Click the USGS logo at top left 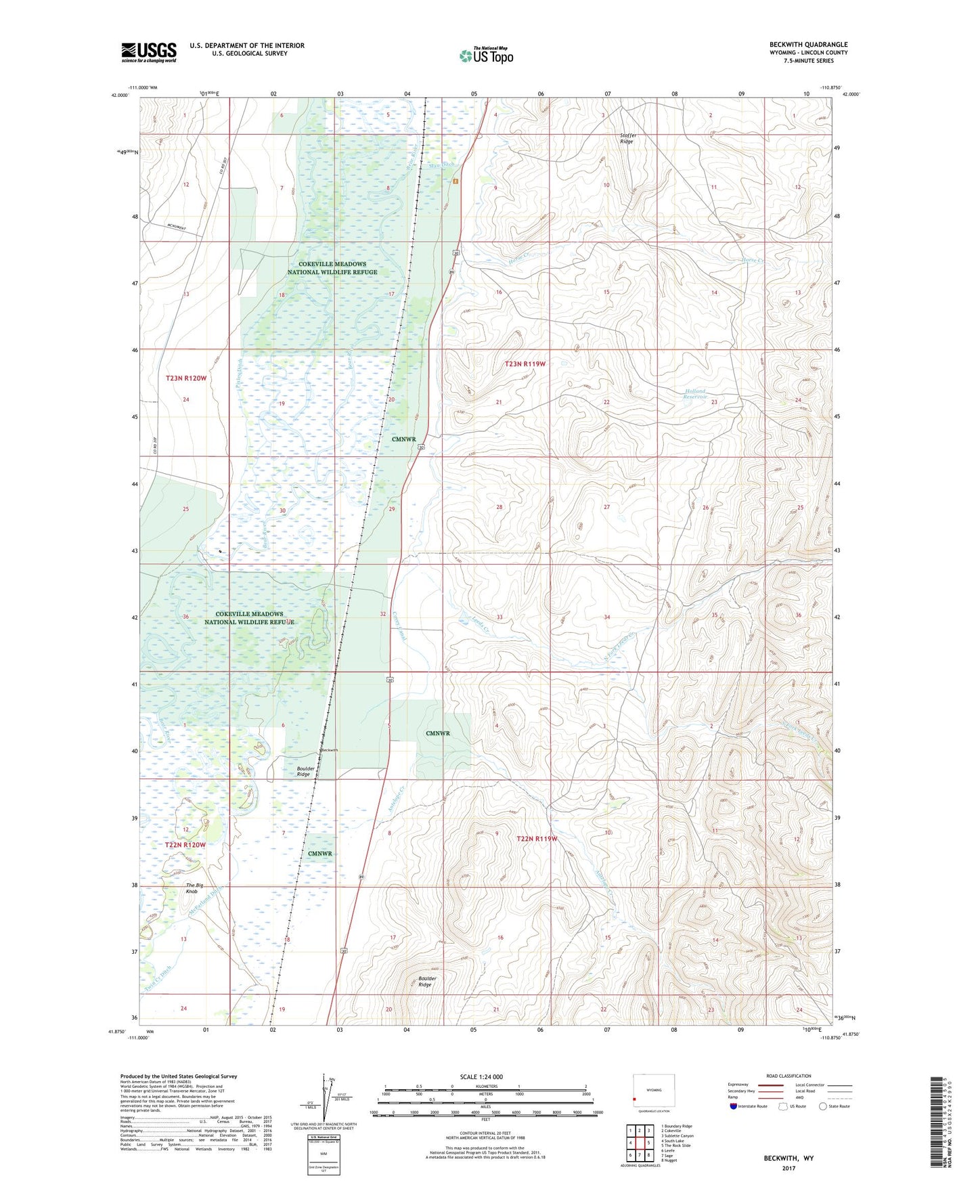click(149, 52)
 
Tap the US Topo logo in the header click(486, 55)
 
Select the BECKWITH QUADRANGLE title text click(808, 45)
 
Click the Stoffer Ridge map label click(627, 138)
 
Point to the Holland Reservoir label click(695, 393)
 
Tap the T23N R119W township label click(525, 364)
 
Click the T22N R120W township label click(185, 845)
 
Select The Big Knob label click(194, 888)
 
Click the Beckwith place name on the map click(329, 750)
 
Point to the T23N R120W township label click(185, 378)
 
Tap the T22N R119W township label click(536, 839)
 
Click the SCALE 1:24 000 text click(481, 1076)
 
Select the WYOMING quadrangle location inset click(653, 1091)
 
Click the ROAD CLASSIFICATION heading click(788, 1076)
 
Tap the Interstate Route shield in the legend click(734, 1107)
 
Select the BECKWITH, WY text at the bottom click(788, 1158)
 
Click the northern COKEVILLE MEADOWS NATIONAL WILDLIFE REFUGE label click(332, 268)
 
